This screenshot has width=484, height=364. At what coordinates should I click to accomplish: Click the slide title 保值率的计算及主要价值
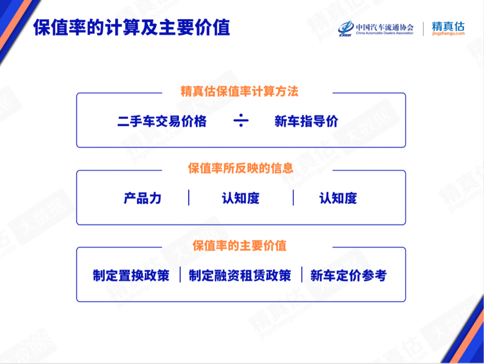[x=131, y=27]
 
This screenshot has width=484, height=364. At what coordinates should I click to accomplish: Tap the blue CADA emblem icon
[x=346, y=28]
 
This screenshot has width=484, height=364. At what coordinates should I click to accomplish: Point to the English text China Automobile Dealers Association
[x=385, y=33]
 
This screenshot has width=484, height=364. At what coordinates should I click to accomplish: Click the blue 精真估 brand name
[x=448, y=26]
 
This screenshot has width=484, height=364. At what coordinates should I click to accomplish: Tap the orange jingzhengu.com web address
[x=448, y=33]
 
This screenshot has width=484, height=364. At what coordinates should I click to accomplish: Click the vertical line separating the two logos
[x=423, y=29]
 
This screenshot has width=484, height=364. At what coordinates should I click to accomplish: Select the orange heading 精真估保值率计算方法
[x=239, y=91]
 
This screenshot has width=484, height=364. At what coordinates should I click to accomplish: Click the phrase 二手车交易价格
[x=162, y=121]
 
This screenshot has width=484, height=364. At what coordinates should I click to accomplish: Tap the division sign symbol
[x=241, y=120]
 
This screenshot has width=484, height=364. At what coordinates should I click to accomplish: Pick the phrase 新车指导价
[x=307, y=121]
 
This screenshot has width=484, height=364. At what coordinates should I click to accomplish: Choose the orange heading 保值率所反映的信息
[x=241, y=168]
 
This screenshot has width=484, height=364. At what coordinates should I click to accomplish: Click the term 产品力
[x=143, y=198]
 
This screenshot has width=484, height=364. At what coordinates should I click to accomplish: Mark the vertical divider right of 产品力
[x=189, y=197]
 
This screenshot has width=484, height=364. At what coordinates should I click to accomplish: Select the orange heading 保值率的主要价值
[x=239, y=246]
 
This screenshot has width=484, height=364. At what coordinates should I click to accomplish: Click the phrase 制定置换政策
[x=131, y=275]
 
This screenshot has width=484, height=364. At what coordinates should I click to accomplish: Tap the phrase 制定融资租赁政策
[x=240, y=275]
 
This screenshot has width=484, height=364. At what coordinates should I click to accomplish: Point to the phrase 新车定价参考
[x=349, y=275]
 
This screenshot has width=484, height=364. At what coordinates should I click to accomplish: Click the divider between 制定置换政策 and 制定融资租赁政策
[x=180, y=275]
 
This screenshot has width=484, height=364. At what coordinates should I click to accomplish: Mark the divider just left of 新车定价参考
[x=302, y=275]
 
